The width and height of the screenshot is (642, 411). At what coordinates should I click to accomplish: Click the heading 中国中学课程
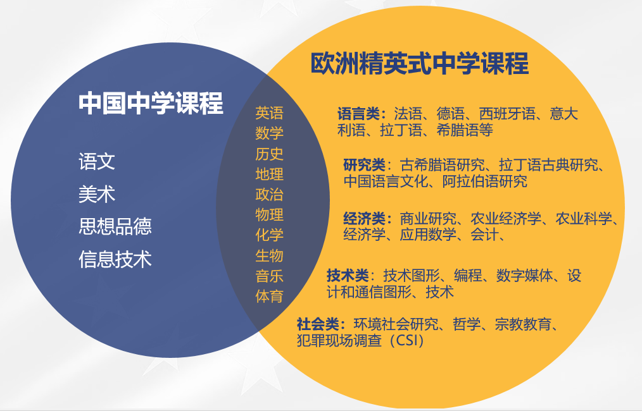[151, 103]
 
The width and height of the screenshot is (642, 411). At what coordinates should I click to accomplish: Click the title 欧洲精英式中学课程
[419, 64]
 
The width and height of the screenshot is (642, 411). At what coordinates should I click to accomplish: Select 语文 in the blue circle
[97, 161]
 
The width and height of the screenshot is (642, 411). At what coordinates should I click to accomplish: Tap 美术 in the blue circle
[97, 193]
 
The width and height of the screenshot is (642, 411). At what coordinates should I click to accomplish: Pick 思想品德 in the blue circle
[115, 226]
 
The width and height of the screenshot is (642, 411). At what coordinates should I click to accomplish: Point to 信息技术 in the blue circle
[115, 259]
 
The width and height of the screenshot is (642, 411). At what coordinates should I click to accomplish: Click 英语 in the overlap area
[269, 113]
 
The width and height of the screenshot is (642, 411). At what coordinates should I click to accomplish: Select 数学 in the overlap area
[269, 133]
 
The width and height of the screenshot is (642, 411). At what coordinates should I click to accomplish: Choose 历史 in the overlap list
[269, 154]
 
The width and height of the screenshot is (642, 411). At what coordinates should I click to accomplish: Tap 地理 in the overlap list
[269, 174]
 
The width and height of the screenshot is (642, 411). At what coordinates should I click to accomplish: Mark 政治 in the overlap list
[269, 194]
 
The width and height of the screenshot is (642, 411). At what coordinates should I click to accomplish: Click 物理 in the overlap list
[269, 214]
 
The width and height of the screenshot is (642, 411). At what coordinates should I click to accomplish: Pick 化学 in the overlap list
[269, 235]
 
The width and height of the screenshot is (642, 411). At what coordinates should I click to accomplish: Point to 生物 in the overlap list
[269, 255]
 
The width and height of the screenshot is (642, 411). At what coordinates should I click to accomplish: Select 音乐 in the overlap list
[269, 276]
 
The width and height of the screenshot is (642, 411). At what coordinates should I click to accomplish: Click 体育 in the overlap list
[269, 296]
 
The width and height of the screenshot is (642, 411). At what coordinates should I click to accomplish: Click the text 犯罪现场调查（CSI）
[360, 341]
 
